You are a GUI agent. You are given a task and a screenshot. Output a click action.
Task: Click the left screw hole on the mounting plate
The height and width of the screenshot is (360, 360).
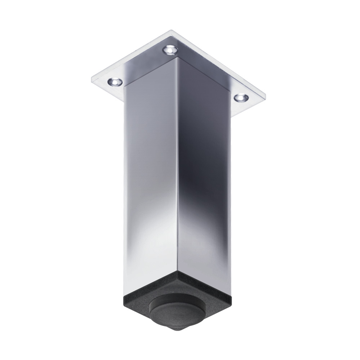[x=115, y=81]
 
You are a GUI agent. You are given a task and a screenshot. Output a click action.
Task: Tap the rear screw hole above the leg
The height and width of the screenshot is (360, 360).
[x=170, y=50]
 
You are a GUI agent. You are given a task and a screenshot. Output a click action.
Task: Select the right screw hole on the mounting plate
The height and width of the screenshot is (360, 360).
[x=241, y=98]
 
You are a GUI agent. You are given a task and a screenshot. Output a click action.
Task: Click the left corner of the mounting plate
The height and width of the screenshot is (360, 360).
[x=92, y=79]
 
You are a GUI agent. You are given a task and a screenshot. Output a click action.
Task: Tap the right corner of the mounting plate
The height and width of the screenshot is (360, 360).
[x=265, y=99]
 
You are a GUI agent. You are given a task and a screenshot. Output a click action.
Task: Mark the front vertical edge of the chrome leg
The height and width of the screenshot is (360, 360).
[x=177, y=167]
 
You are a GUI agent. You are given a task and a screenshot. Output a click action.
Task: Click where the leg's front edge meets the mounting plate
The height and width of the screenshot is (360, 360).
[x=177, y=58]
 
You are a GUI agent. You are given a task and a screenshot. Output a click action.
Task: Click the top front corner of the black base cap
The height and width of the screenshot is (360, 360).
[x=177, y=272]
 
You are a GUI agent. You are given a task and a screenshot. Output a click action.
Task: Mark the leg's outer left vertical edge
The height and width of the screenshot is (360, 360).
[x=124, y=183]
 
